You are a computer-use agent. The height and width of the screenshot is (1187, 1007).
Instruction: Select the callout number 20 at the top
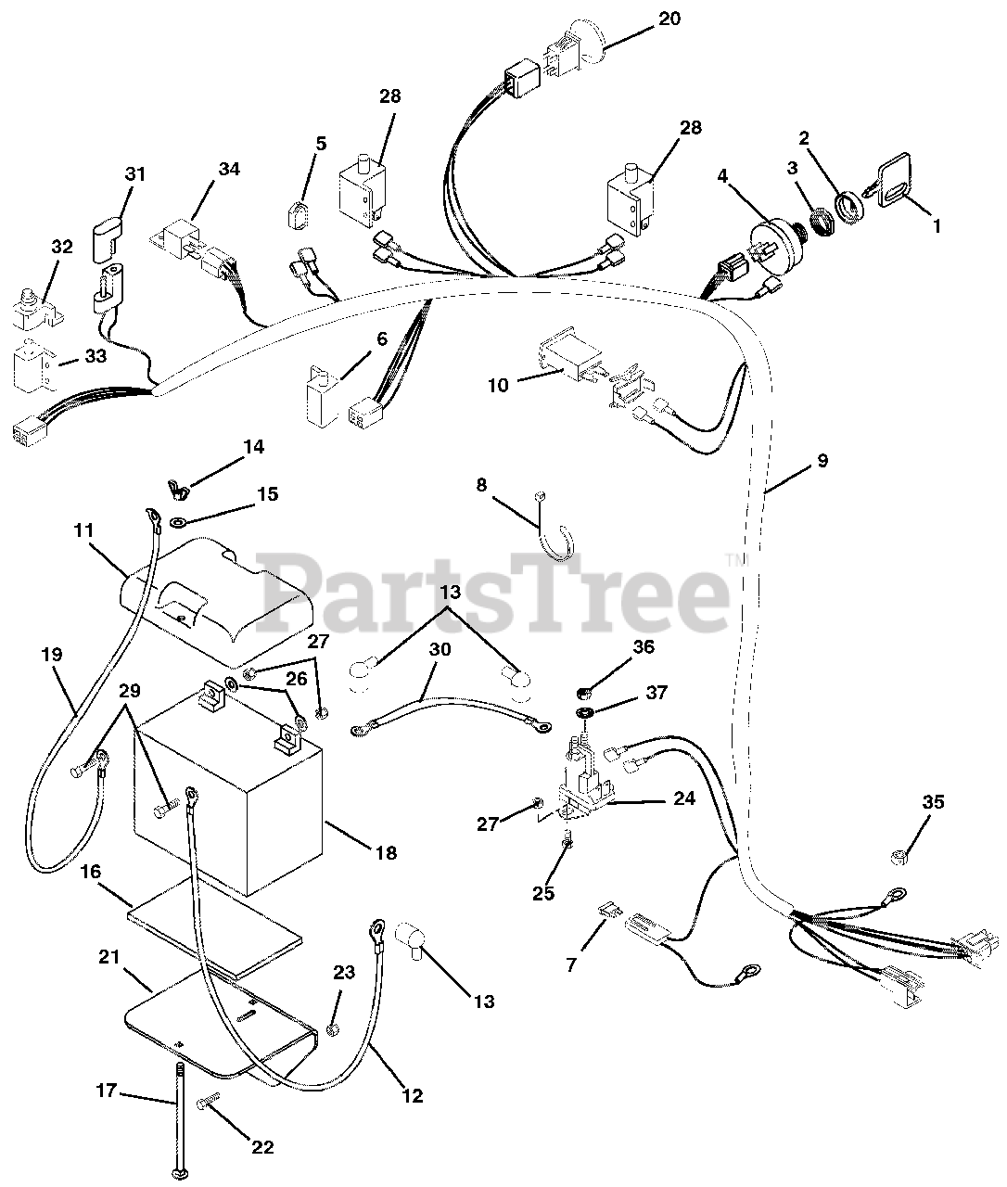click(669, 19)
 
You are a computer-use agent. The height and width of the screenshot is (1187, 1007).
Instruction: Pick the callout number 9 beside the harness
click(822, 460)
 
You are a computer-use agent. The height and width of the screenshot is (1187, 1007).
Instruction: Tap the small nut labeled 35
click(899, 858)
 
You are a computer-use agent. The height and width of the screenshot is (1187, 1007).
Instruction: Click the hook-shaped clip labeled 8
click(557, 537)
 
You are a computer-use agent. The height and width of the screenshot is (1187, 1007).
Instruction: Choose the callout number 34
click(228, 169)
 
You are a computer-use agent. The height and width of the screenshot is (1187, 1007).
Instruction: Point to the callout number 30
click(440, 649)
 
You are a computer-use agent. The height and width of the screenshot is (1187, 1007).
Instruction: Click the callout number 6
click(382, 339)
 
